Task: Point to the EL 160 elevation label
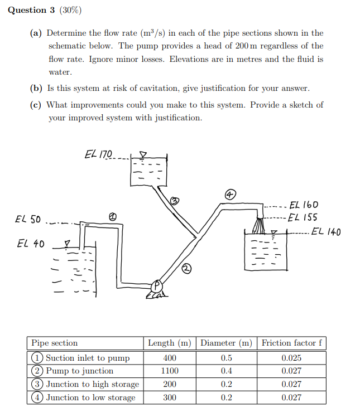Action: pos(305,205)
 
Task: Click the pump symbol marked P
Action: pos(157,285)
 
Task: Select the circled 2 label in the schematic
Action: pos(186,270)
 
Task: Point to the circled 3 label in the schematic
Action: pos(174,201)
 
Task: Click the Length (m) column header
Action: pos(170,343)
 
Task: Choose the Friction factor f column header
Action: pos(291,343)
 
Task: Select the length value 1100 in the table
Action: pos(170,371)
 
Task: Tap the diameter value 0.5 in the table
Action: pos(226,358)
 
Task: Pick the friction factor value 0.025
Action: pos(291,358)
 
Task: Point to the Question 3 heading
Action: pos(27,10)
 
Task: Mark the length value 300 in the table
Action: pos(170,397)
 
